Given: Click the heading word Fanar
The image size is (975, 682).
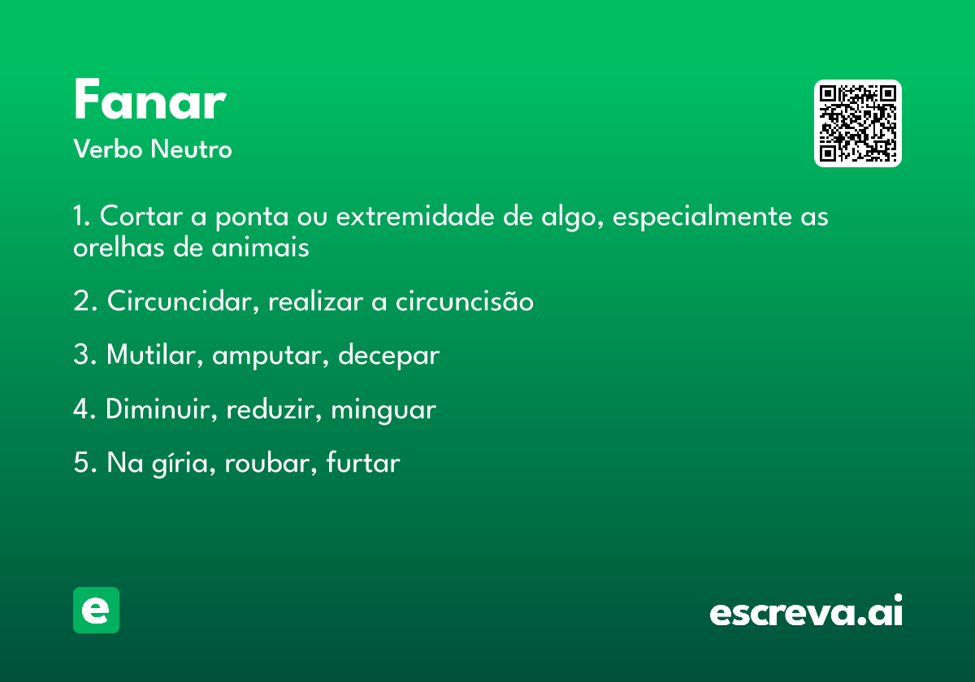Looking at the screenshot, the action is pyautogui.click(x=150, y=99).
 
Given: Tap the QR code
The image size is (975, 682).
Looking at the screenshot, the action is pyautogui.click(x=857, y=123).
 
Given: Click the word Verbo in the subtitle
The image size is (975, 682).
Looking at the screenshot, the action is pyautogui.click(x=108, y=149).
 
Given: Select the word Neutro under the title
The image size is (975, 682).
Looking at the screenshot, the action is pyautogui.click(x=191, y=149).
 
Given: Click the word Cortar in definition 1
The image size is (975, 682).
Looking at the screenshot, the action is pyautogui.click(x=141, y=216).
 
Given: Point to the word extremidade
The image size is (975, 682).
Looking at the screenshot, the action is pyautogui.click(x=415, y=216).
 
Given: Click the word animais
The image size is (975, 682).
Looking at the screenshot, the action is pyautogui.click(x=260, y=247).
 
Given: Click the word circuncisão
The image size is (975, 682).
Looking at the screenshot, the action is pyautogui.click(x=464, y=300).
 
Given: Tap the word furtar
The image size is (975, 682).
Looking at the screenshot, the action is pyautogui.click(x=362, y=462).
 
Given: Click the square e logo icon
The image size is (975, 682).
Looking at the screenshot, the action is pyautogui.click(x=96, y=610).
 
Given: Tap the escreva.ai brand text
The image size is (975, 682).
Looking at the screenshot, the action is pyautogui.click(x=806, y=610).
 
